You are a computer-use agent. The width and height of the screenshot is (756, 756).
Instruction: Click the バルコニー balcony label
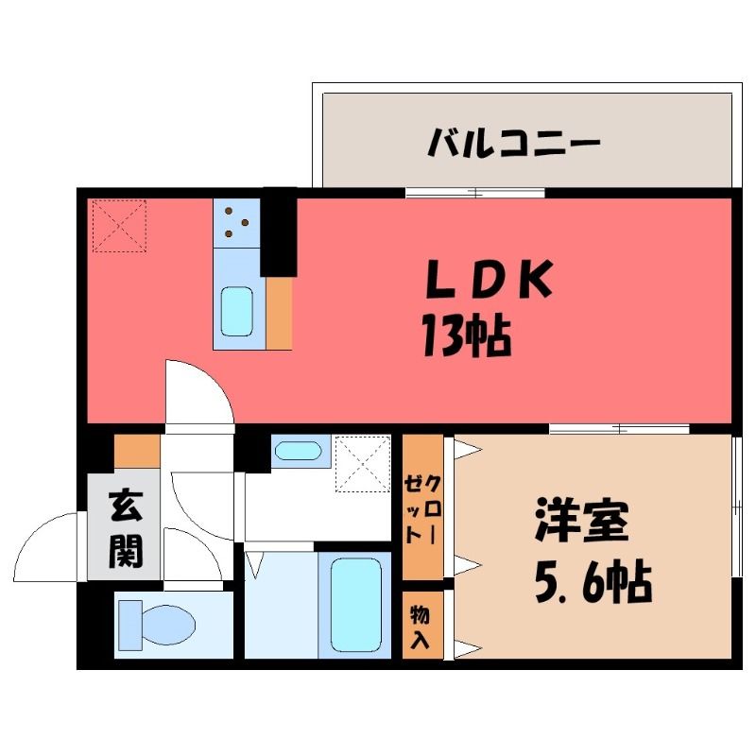(x=514, y=143)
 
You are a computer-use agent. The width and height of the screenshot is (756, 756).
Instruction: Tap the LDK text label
(x=489, y=279)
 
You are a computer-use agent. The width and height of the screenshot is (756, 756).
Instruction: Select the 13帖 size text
(x=467, y=335)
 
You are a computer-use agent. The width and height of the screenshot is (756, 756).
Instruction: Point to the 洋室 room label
(x=581, y=522)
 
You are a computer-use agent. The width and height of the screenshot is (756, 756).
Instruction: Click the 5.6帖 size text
(x=593, y=582)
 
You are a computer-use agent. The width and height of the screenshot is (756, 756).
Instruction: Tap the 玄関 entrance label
(x=126, y=529)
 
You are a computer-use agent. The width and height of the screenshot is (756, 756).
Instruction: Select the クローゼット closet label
(x=422, y=509)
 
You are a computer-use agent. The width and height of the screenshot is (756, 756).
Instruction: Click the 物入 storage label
(x=420, y=627)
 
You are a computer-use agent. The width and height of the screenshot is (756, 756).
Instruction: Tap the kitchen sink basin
(x=237, y=311)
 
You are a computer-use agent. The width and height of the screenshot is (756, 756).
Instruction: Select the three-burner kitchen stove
(x=237, y=223)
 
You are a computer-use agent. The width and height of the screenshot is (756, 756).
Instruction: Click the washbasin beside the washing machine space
(x=298, y=451)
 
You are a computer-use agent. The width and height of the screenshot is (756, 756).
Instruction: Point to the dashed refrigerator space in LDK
(x=119, y=226)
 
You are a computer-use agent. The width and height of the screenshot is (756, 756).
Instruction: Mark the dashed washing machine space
(x=363, y=464)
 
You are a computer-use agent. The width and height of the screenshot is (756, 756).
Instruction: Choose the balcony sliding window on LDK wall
(x=475, y=193)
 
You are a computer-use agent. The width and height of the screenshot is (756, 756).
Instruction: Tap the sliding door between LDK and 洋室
(x=620, y=429)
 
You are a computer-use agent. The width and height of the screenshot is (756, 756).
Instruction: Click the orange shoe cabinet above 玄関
(x=137, y=451)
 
